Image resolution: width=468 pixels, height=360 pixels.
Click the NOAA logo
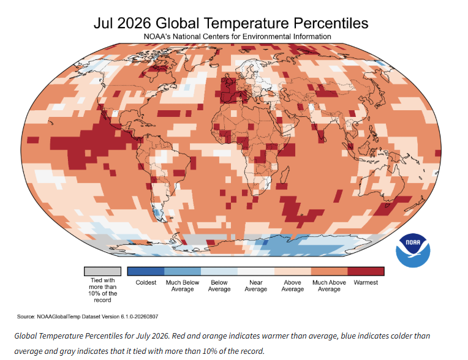point(413,250)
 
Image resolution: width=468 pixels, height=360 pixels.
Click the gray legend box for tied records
point(102,271)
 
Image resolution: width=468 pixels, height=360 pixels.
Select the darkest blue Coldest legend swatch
point(146,271)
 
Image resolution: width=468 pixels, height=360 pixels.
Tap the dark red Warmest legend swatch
point(366,271)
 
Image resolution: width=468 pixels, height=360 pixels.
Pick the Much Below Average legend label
point(183,286)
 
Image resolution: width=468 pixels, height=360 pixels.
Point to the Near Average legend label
point(256,286)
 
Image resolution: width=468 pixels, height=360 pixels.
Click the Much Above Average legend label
point(329,286)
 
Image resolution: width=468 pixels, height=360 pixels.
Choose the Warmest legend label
point(366,282)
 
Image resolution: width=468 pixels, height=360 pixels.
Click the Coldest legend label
point(146,282)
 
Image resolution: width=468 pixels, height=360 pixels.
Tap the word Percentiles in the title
point(331,23)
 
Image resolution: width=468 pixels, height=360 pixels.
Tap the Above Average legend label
point(293,286)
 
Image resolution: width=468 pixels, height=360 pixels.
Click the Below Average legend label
point(219,286)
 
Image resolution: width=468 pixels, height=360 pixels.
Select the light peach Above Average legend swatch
point(293,271)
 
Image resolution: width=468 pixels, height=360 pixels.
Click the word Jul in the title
point(103,23)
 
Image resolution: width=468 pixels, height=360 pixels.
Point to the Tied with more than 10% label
point(102,290)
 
